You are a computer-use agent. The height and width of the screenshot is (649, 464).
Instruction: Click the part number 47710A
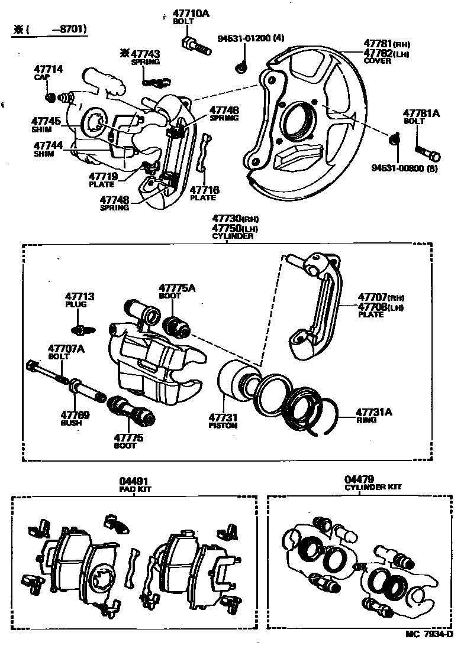[x=191, y=14]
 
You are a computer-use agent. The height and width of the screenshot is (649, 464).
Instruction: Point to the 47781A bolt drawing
[x=427, y=151]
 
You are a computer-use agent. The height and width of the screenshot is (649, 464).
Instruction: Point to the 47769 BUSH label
[x=75, y=418]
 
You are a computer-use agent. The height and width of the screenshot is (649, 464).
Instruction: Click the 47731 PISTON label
[x=223, y=420]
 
